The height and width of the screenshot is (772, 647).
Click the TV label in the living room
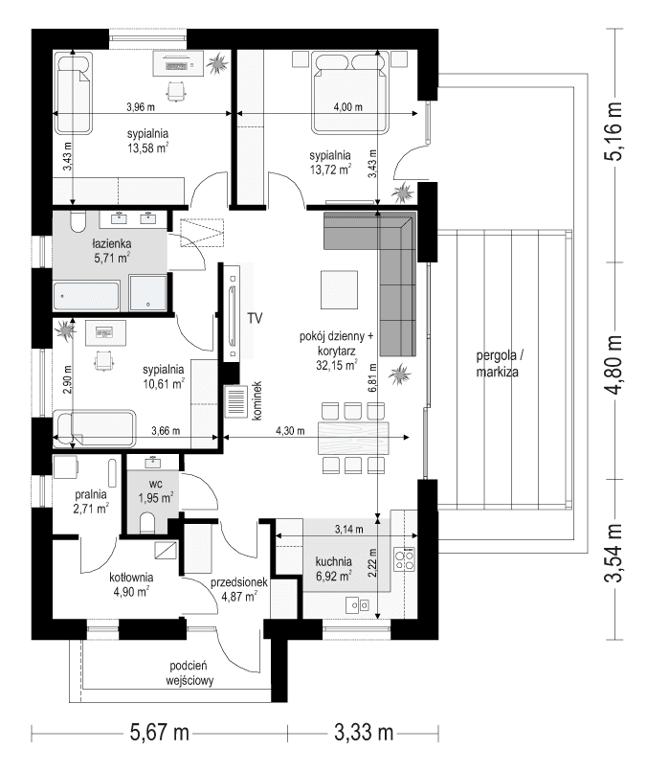(255, 317)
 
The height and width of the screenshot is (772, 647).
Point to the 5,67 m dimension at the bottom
(159, 734)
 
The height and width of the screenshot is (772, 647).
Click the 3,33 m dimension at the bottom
(365, 734)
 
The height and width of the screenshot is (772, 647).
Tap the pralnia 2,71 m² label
(91, 503)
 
